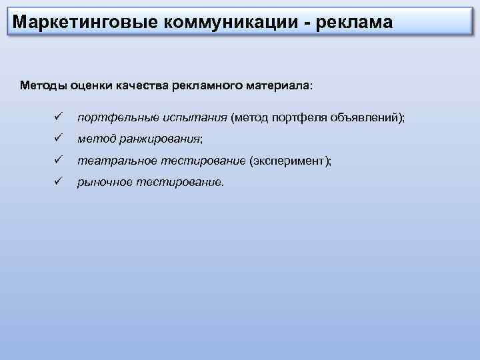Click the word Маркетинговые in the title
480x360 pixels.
[x=81, y=23]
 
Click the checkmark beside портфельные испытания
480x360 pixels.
[x=58, y=117]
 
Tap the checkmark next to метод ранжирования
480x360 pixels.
[x=58, y=139]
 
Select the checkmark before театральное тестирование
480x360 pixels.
[x=58, y=161]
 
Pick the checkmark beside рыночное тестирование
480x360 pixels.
[x=58, y=182]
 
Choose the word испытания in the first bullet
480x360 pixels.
[x=193, y=118]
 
